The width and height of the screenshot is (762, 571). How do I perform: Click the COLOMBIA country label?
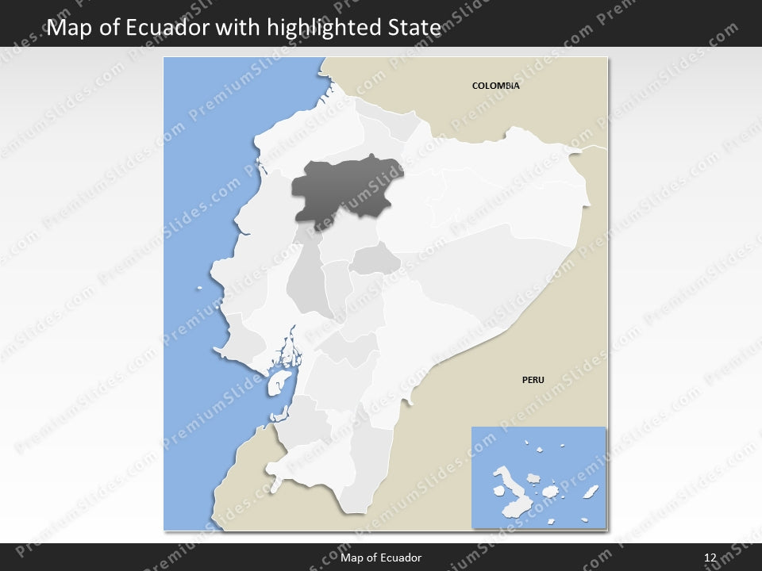pyautogui.click(x=495, y=86)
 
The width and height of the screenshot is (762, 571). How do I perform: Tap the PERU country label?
pyautogui.click(x=533, y=380)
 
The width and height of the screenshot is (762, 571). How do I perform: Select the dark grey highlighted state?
pyautogui.click(x=345, y=189)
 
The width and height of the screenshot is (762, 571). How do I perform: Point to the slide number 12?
pyautogui.click(x=710, y=558)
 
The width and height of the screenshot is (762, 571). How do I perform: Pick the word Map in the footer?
pyautogui.click(x=352, y=558)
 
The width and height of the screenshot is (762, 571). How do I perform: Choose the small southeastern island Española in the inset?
pyautogui.click(x=585, y=520)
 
